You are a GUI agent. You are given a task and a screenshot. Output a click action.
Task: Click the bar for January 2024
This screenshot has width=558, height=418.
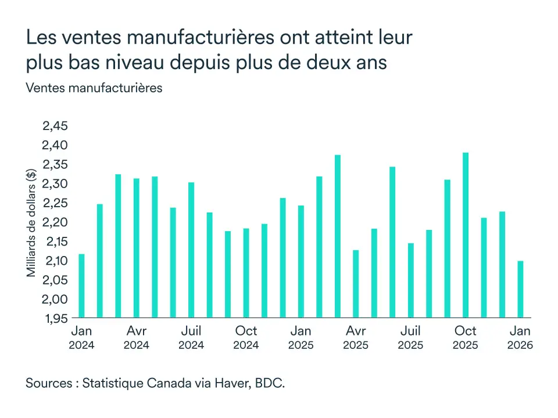pyautogui.click(x=81, y=286)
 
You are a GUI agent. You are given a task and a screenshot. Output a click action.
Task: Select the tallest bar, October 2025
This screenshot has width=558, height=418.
pyautogui.click(x=466, y=235)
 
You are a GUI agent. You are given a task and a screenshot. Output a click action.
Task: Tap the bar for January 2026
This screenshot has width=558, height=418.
pyautogui.click(x=520, y=289)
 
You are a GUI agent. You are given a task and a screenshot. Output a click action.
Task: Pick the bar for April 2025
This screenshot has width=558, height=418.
pyautogui.click(x=356, y=284)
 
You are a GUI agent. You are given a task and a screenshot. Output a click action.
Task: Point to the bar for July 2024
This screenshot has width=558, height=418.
pyautogui.click(x=191, y=250)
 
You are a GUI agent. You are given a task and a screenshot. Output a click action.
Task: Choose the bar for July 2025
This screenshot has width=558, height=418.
pyautogui.click(x=410, y=280)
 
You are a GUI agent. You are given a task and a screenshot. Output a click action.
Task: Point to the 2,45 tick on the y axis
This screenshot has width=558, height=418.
pyautogui.click(x=56, y=126)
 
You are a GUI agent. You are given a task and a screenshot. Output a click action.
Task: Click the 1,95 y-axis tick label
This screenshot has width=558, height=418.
pyautogui.click(x=56, y=318)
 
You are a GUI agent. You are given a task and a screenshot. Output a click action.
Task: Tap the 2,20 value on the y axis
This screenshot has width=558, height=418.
pyautogui.click(x=56, y=222)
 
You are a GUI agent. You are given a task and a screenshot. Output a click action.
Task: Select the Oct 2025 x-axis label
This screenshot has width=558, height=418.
pyautogui.click(x=465, y=337)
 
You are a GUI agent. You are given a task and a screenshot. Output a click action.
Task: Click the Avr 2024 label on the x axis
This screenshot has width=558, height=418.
pyautogui.click(x=136, y=337)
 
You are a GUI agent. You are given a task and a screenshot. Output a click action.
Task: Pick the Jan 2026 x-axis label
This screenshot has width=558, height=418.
pyautogui.click(x=520, y=337)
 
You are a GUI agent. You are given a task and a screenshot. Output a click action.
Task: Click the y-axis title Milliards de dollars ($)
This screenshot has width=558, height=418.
pyautogui.click(x=31, y=222)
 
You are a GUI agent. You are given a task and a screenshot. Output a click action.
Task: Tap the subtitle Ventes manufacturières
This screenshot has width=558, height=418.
pyautogui.click(x=94, y=88)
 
